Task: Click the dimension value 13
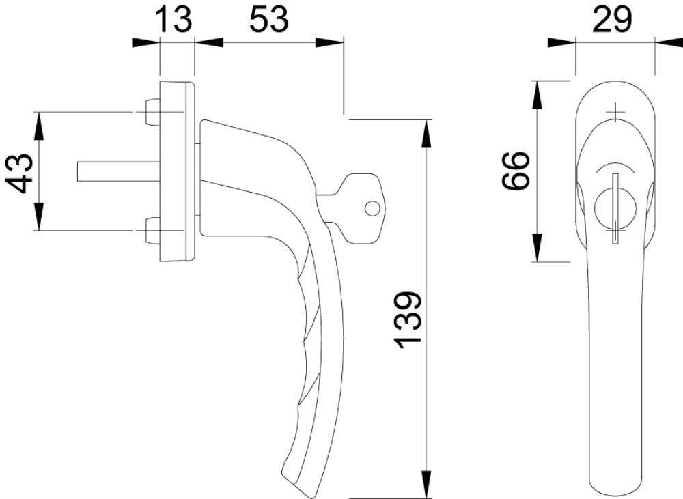[173, 19]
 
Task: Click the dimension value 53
[268, 19]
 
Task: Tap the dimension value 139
[408, 320]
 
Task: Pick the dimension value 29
[611, 19]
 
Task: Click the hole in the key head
[372, 208]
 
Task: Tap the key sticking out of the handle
[354, 208]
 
